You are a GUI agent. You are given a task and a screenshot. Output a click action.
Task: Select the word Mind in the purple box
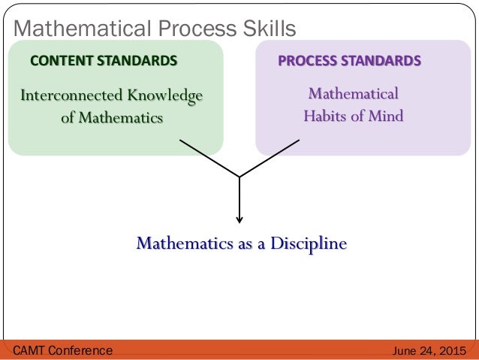(x=386, y=116)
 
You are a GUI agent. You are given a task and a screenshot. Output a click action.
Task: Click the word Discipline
(x=309, y=244)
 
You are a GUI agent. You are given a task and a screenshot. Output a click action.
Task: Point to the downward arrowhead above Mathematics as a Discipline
(x=239, y=219)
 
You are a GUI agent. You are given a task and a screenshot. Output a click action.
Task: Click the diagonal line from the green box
(x=209, y=158)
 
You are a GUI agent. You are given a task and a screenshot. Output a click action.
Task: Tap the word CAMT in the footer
(x=31, y=350)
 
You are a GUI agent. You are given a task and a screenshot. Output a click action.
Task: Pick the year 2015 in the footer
(x=451, y=350)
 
